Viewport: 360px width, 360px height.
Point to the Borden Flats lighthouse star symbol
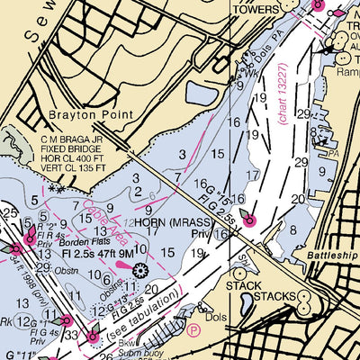point(139,270)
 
